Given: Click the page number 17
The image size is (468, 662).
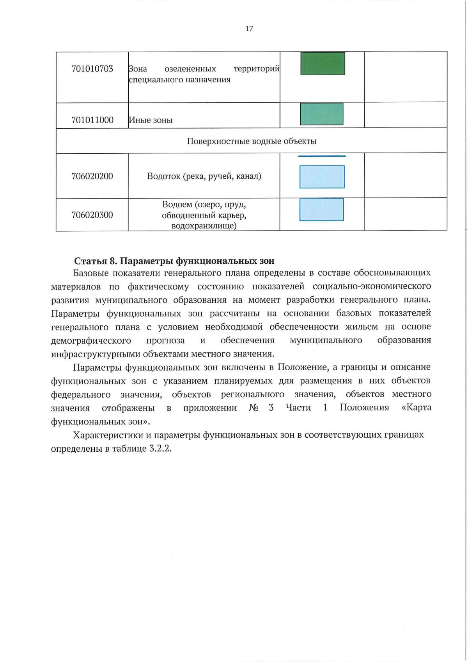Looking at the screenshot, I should click(249, 28).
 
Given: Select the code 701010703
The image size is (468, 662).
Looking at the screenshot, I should click(92, 69).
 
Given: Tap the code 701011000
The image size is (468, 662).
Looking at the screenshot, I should click(92, 120).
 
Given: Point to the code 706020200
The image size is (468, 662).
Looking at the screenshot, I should click(92, 176).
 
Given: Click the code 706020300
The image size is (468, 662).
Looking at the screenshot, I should click(92, 215).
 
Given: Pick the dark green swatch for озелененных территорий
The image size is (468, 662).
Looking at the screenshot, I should click(323, 64).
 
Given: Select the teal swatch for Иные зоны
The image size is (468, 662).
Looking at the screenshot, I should click(321, 114).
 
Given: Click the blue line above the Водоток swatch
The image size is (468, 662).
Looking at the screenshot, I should click(322, 156).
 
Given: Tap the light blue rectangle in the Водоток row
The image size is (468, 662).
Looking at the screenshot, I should click(322, 177).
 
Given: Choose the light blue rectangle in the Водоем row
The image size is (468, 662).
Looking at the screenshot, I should click(321, 210).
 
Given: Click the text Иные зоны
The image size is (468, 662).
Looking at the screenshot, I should click(151, 120).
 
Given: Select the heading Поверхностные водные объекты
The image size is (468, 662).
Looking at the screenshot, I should click(252, 141).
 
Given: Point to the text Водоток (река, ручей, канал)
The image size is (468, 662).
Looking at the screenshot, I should click(204, 176).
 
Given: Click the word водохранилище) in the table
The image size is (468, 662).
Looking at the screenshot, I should click(204, 226).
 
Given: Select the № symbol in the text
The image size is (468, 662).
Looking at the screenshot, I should click(253, 408).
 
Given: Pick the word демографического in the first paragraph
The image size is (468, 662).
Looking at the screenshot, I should click(91, 341).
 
